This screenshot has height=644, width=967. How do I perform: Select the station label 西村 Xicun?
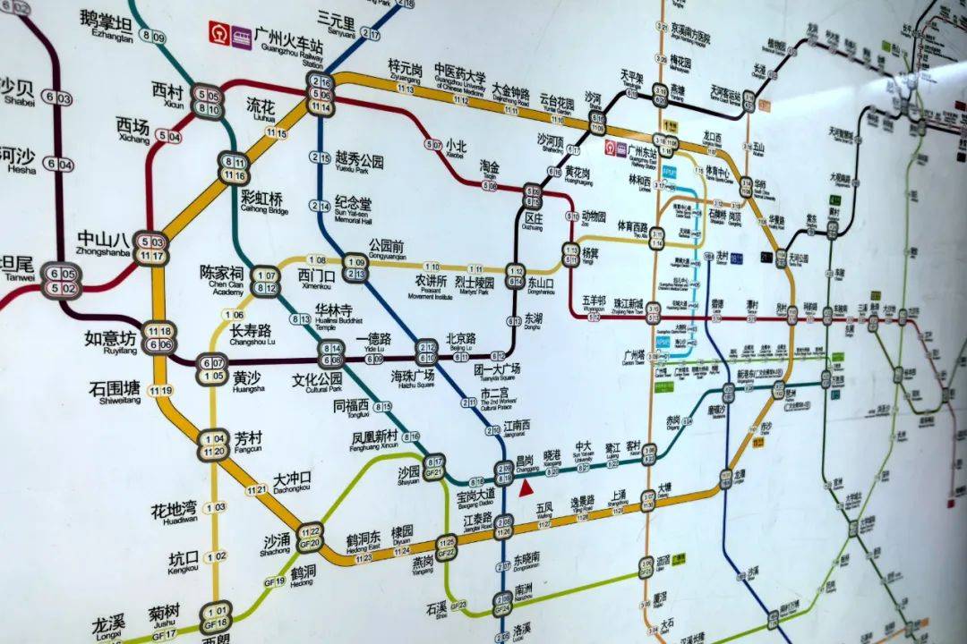point(167,94)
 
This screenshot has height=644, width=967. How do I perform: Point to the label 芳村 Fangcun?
point(248,440)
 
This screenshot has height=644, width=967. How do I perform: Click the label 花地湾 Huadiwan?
point(174,513)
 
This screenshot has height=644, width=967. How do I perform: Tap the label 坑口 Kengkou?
point(183,563)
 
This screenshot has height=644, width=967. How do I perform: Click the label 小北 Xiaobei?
point(456,148)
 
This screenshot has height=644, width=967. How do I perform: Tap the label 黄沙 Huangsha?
point(248,381)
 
